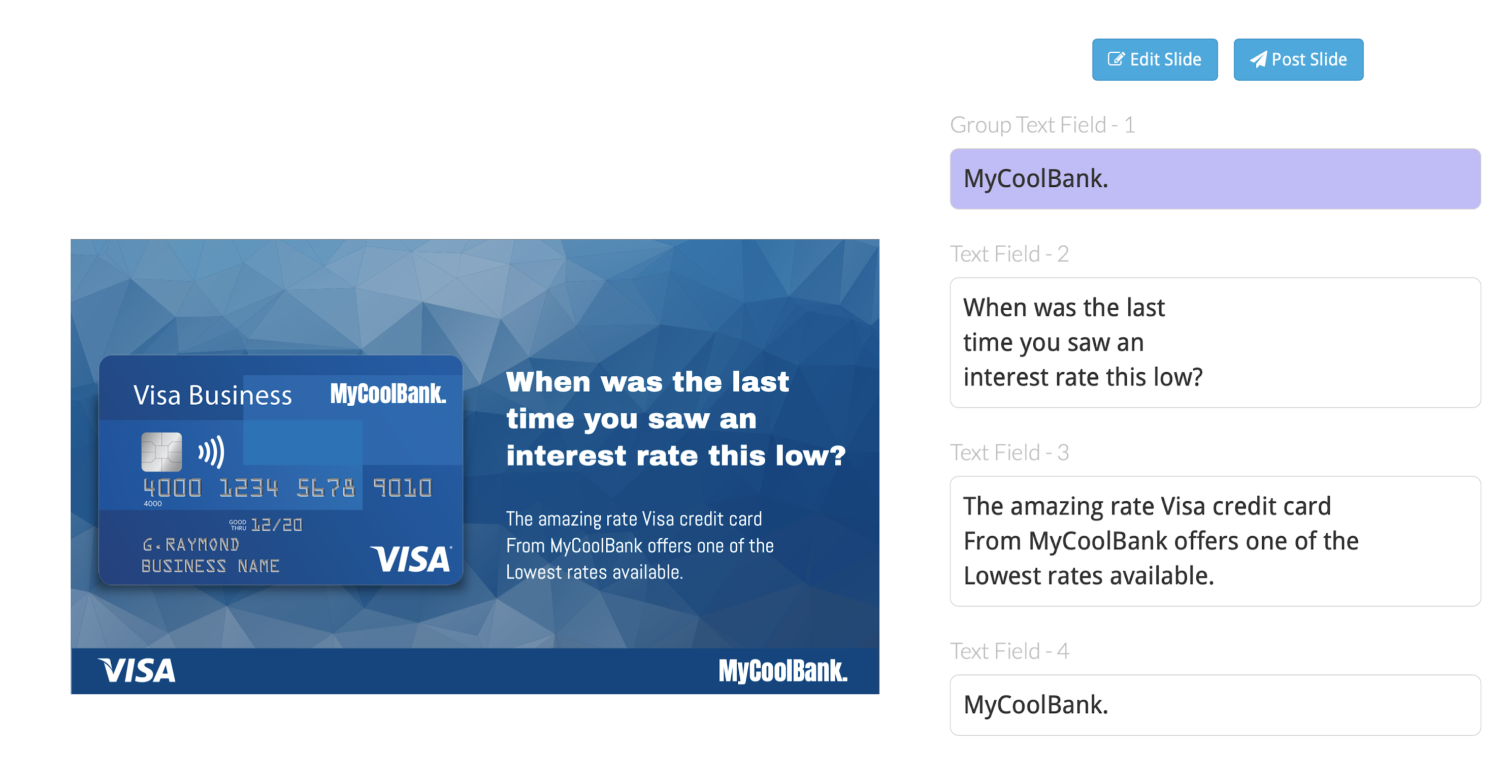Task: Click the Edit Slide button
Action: pos(1154,59)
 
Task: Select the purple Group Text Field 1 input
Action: pos(1215,179)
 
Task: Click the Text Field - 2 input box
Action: pos(1215,343)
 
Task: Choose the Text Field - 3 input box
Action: pos(1215,541)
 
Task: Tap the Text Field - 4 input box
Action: pos(1215,705)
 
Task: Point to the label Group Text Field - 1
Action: pos(1042,125)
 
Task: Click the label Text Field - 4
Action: pos(1009,651)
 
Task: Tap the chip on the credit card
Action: pos(162,452)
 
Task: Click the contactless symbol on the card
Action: pos(211,452)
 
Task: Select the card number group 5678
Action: pos(325,488)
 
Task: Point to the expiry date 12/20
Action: pos(276,525)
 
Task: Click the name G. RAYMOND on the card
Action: pos(191,544)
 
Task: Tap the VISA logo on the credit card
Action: pos(412,559)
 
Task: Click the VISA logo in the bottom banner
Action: pos(137,670)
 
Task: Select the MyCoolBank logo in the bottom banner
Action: pos(783,671)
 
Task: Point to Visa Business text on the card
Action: pos(213,395)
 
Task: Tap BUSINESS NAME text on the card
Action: pos(210,566)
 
